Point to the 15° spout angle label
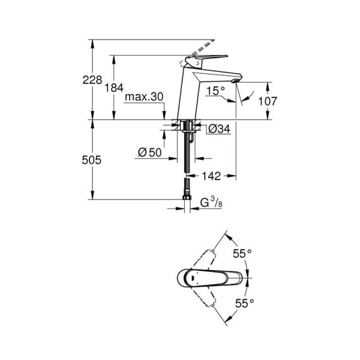[x=215, y=91]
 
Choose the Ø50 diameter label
[x=149, y=153]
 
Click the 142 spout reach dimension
[x=211, y=176]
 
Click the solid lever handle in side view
[x=207, y=58]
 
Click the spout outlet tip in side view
[x=235, y=80]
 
